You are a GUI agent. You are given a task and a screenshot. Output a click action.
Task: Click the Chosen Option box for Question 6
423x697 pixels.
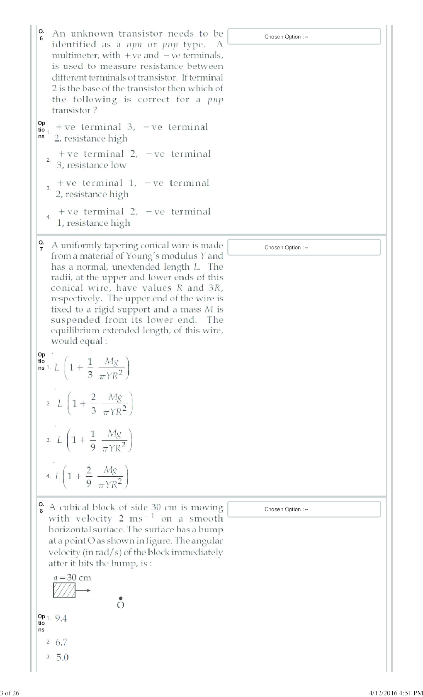[x=304, y=37]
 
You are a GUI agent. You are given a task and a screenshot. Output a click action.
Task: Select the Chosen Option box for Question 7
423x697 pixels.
[x=304, y=247]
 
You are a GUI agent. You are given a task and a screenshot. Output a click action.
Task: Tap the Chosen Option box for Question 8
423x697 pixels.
[x=304, y=509]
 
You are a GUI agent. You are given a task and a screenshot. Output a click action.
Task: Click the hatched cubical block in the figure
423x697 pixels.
[x=64, y=590]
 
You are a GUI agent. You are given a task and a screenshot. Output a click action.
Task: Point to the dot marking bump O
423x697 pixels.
[x=121, y=598]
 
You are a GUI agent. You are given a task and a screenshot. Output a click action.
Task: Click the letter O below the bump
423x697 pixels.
[x=121, y=605]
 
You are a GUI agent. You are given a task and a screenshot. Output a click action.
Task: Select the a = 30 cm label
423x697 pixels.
[x=72, y=578]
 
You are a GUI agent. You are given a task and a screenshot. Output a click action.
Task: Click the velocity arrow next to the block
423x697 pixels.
[x=83, y=590]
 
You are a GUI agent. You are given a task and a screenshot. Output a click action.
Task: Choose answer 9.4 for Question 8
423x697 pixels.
[x=61, y=618]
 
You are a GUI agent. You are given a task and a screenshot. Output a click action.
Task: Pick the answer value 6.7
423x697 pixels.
[x=61, y=642]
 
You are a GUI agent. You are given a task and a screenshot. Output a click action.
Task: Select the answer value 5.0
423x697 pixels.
[x=62, y=657]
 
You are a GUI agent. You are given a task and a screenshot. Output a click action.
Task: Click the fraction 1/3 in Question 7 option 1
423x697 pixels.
[x=90, y=368]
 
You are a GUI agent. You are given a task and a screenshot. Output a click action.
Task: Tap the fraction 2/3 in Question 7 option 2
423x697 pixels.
[x=93, y=404]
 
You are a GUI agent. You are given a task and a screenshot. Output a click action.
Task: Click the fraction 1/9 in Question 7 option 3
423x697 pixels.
[x=92, y=440]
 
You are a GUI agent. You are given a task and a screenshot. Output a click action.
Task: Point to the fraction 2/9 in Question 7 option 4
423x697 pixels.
[x=89, y=476]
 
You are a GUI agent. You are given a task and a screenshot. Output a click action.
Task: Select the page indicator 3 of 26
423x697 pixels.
[x=10, y=692]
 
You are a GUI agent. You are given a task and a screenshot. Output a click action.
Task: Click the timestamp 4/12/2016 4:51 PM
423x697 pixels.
[x=396, y=692]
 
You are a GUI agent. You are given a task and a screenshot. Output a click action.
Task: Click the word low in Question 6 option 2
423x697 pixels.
[x=118, y=165]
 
